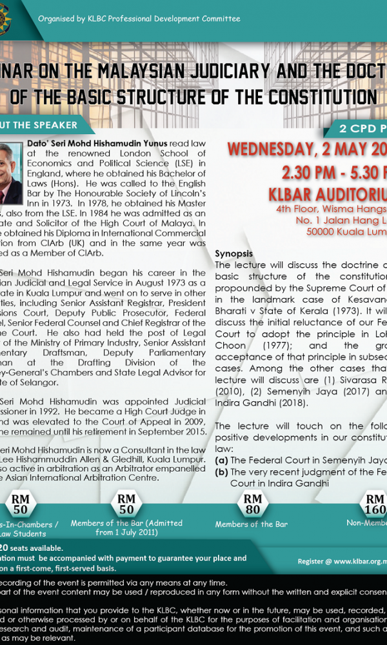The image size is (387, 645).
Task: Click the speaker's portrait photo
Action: pyautogui.click(x=10, y=173)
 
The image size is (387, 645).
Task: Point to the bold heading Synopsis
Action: pyautogui.click(x=233, y=254)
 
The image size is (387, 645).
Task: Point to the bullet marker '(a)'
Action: pyautogui.click(x=221, y=460)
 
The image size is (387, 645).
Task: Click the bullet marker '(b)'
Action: pyautogui.click(x=221, y=471)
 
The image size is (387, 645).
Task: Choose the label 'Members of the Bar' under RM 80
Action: pyautogui.click(x=252, y=524)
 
